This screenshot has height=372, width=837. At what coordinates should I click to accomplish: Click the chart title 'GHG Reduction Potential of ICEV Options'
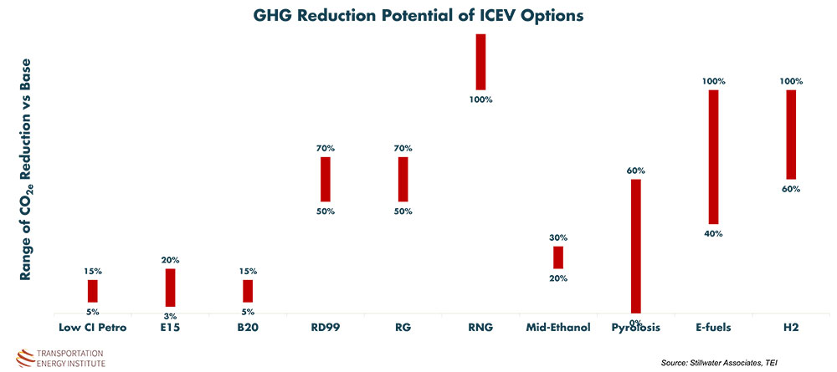(418, 17)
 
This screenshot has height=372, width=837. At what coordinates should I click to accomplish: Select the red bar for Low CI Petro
(93, 291)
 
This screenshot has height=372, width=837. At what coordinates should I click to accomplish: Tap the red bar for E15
(171, 288)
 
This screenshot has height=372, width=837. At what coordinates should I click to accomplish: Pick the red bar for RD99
(326, 179)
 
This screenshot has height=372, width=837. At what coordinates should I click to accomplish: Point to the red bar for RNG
(480, 61)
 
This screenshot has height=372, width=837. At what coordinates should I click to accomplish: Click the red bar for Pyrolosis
(636, 246)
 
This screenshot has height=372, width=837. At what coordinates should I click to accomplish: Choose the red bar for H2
(791, 135)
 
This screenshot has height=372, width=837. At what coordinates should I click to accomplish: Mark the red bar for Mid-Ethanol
(558, 257)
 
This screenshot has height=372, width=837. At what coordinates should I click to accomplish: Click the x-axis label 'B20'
(248, 328)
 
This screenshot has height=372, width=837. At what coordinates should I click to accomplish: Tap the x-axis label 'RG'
(403, 328)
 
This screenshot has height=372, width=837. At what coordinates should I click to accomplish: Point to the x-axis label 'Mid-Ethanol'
(558, 328)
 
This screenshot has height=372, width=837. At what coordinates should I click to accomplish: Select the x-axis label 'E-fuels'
(713, 328)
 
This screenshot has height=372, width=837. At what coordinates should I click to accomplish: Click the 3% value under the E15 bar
(171, 316)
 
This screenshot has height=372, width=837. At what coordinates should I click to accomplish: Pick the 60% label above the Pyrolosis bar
(636, 171)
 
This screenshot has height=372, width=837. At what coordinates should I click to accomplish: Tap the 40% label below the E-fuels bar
(713, 233)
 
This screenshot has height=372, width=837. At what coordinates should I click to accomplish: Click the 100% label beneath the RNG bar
(480, 99)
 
